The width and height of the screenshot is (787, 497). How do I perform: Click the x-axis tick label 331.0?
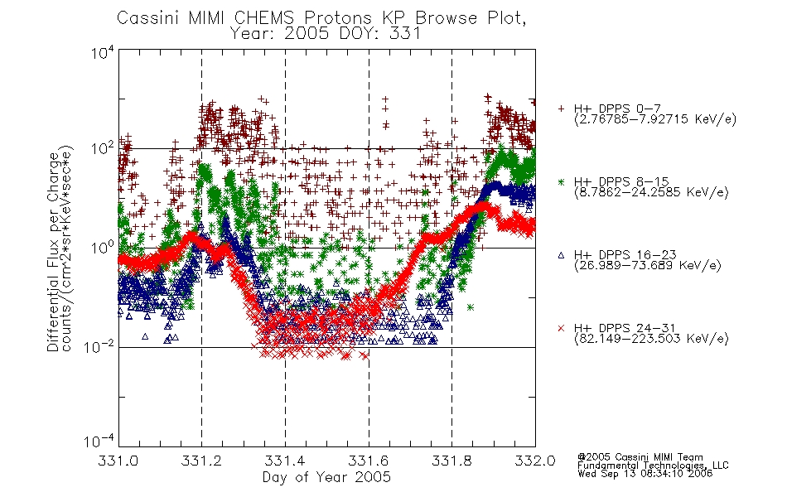[118, 461]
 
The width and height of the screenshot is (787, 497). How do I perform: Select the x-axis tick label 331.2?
[201, 461]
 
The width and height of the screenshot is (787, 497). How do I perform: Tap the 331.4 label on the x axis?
[285, 461]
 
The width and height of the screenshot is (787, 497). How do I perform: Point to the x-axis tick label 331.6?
[369, 461]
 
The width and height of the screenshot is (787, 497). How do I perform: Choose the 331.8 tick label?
[451, 461]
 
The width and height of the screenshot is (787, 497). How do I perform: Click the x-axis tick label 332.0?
[535, 461]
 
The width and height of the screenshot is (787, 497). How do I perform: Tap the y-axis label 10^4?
[103, 53]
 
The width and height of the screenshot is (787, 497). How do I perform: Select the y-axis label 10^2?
[103, 149]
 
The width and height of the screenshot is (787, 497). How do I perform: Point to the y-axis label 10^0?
[103, 248]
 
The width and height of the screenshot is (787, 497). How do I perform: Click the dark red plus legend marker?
[561, 109]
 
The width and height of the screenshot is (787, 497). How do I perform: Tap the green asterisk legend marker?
[561, 181]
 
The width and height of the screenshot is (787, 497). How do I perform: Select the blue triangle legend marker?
[561, 255]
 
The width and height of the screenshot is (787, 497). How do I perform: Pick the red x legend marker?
[561, 328]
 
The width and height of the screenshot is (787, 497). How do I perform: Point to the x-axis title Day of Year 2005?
[326, 477]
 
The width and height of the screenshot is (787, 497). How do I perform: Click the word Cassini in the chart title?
[148, 18]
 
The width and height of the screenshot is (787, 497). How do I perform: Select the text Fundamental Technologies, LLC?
[653, 466]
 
